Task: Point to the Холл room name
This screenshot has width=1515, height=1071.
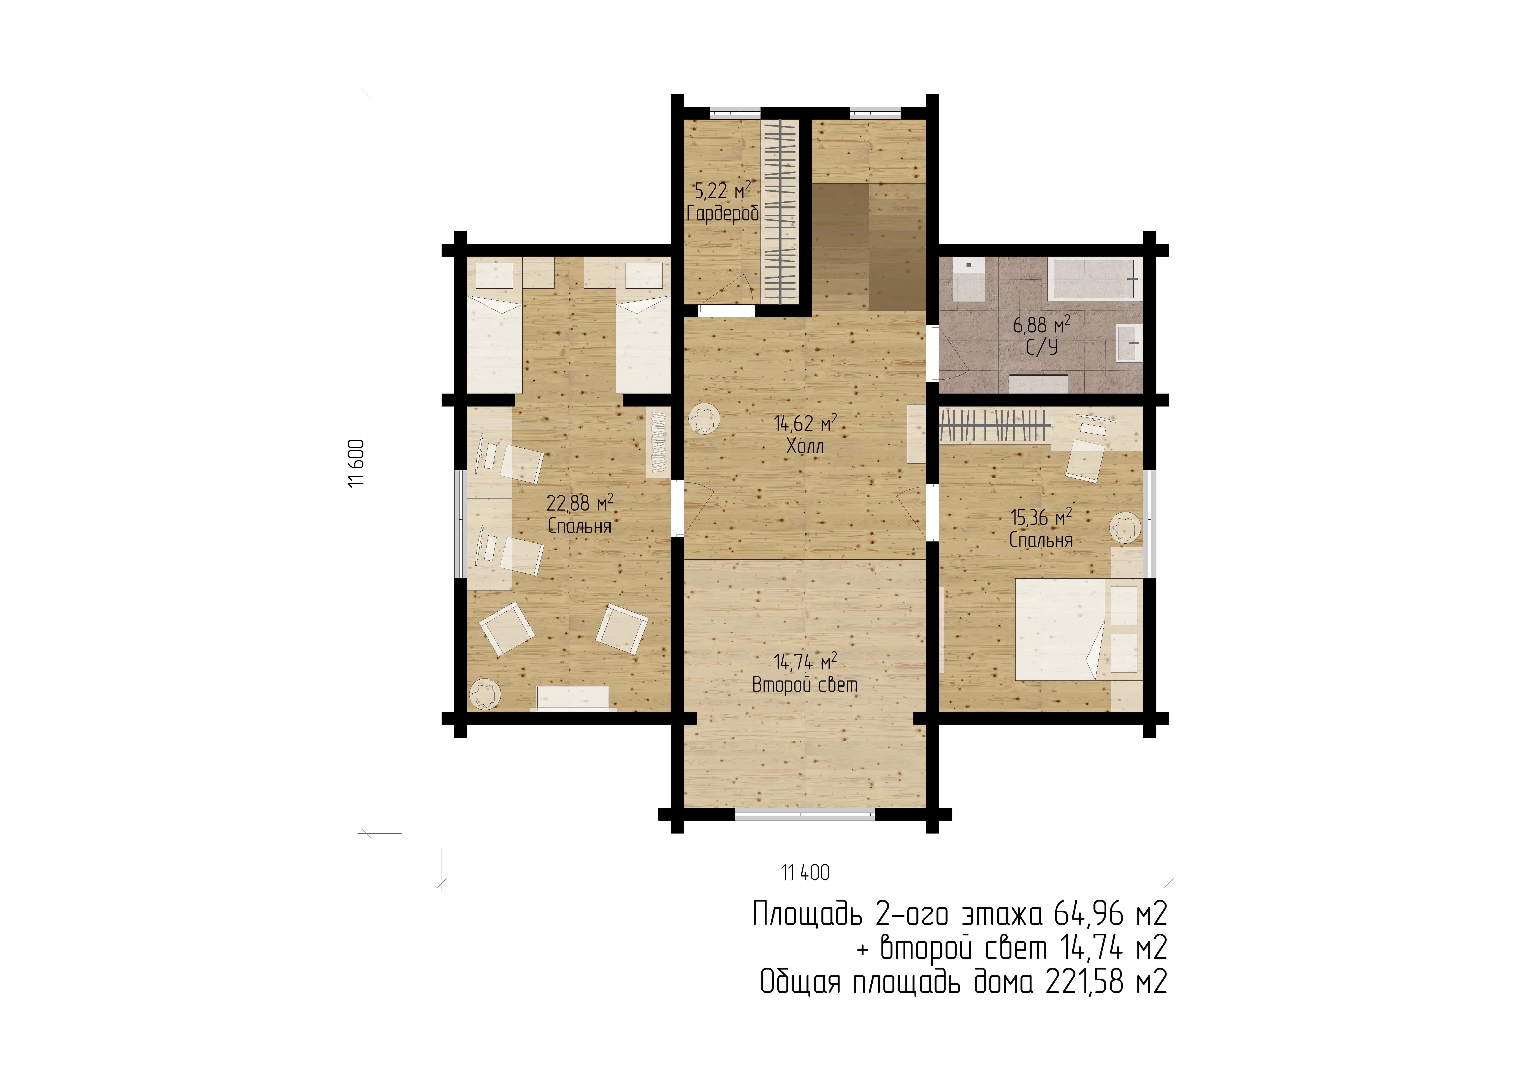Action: pos(805,446)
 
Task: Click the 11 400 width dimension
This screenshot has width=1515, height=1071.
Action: pos(805,872)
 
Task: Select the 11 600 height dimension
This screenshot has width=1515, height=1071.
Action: pos(356,463)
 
